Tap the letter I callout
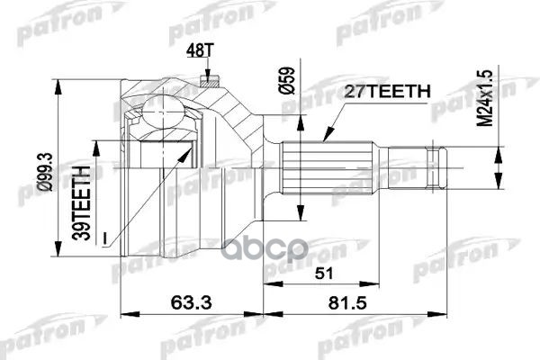(105, 237)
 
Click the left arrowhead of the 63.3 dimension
(123, 312)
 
